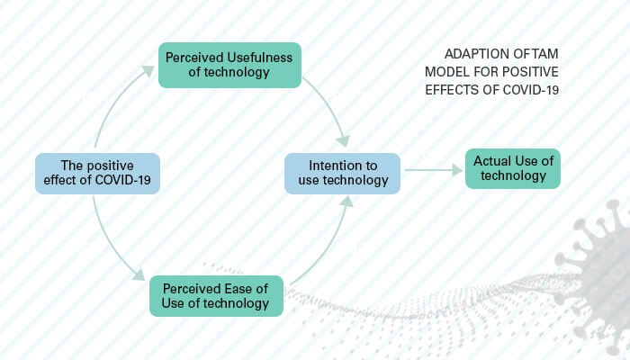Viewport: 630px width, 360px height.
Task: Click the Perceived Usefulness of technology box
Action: (229, 65)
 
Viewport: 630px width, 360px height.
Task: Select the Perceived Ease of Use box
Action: (216, 295)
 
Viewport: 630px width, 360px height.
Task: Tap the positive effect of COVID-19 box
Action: (97, 174)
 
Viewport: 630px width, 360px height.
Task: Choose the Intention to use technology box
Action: (343, 174)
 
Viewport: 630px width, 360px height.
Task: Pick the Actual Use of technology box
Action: (513, 168)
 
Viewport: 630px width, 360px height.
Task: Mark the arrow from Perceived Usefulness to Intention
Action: (328, 108)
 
